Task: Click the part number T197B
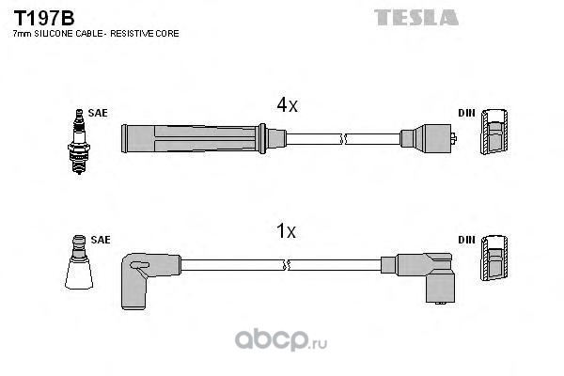[x=39, y=17]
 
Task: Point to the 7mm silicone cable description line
[x=95, y=34]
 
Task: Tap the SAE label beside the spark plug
[x=98, y=113]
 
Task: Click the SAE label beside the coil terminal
[x=100, y=240]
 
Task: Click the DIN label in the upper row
[x=466, y=113]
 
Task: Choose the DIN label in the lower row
[x=466, y=240]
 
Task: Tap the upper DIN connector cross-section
[x=494, y=137]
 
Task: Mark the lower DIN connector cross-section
[x=494, y=264]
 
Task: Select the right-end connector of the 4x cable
[x=428, y=139]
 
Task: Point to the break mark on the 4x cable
[x=346, y=139]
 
